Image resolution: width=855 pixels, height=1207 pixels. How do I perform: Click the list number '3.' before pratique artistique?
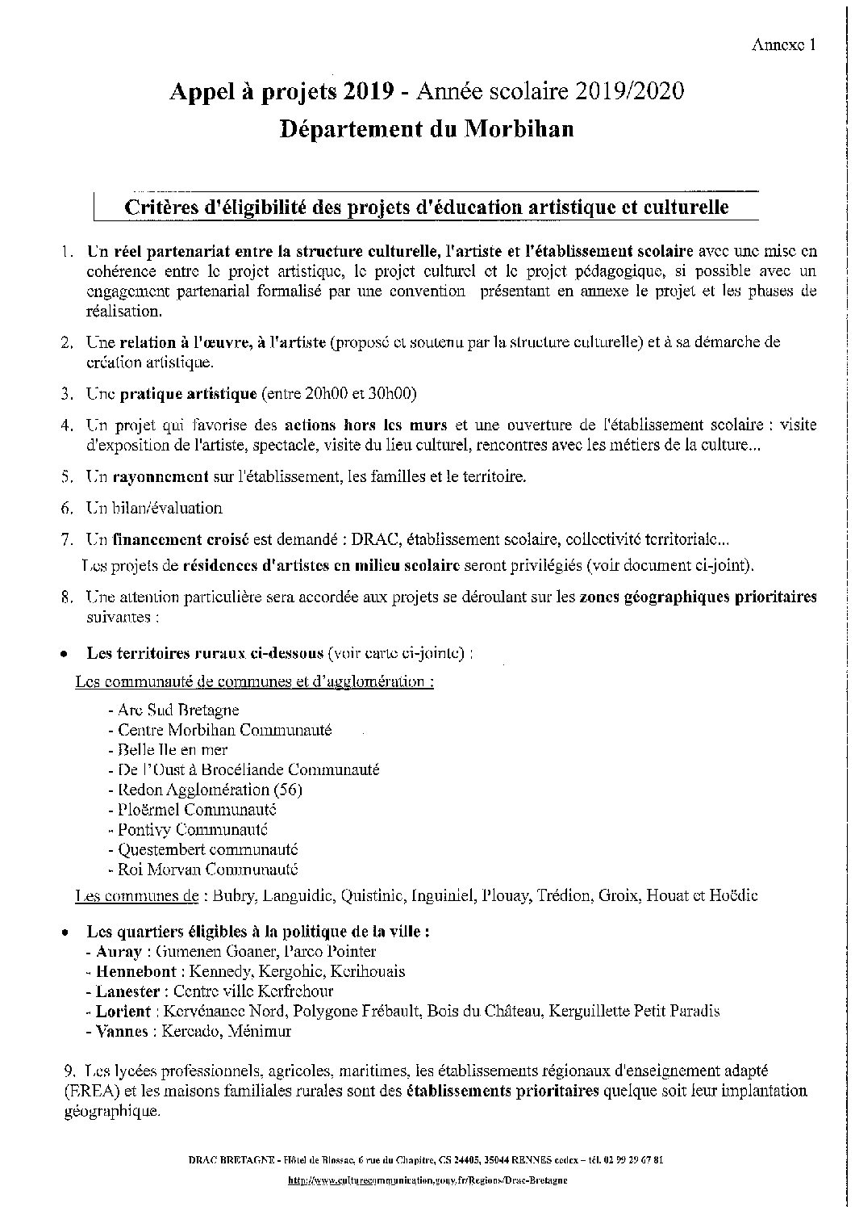(68, 394)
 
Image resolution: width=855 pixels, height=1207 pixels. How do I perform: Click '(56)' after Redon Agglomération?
(288, 790)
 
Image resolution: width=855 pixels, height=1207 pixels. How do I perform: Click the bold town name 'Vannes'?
(121, 1031)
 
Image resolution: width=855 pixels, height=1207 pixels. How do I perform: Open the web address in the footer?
(427, 1180)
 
